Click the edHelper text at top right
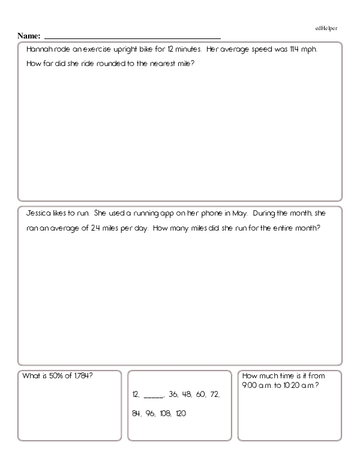[326, 28]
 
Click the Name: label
[29, 36]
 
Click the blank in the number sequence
[154, 395]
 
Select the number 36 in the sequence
[173, 395]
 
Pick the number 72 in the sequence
[215, 395]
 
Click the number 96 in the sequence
[150, 414]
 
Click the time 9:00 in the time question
[249, 384]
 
